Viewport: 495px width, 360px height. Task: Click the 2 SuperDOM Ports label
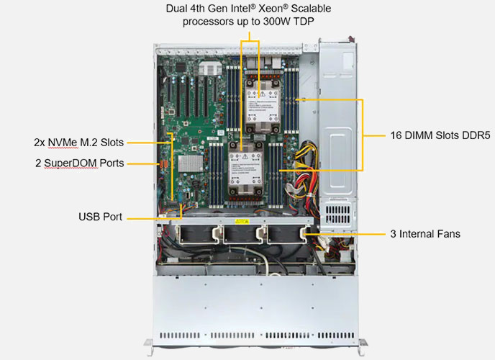79,163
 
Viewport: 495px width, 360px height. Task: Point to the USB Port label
100,216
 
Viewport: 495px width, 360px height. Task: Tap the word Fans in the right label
446,234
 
